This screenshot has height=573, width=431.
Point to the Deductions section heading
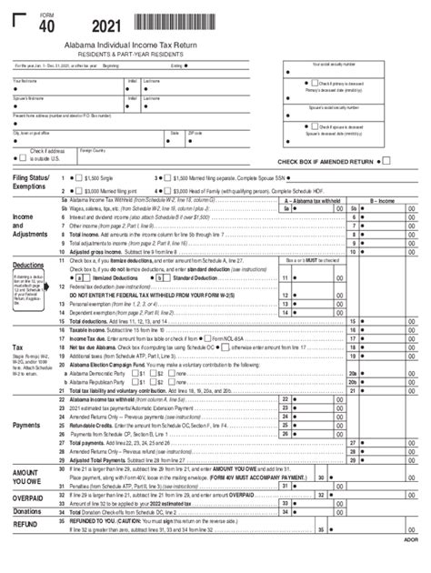[x=28, y=266]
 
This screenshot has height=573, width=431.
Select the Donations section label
[x=29, y=512]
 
